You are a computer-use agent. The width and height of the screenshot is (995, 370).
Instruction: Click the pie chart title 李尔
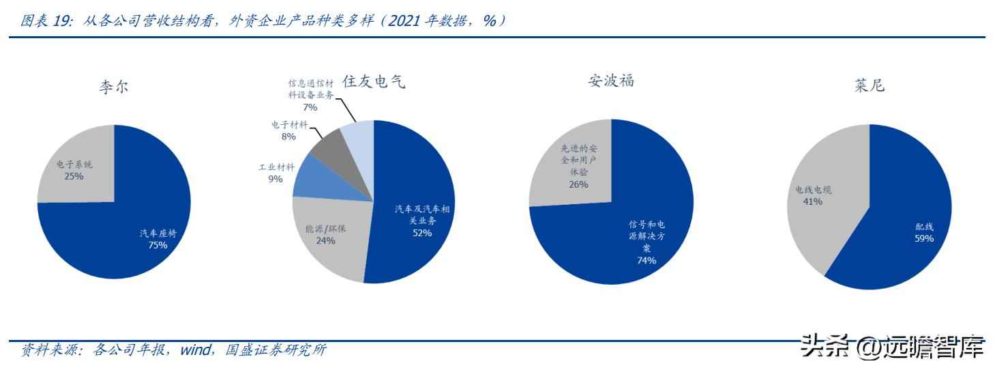tap(113, 88)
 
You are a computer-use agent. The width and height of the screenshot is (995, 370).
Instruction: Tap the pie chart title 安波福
tap(611, 81)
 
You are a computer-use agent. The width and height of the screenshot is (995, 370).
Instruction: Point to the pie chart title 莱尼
tap(869, 87)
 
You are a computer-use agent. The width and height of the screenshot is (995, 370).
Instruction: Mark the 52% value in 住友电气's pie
tap(421, 233)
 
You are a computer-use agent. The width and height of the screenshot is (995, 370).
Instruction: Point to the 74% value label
tap(646, 260)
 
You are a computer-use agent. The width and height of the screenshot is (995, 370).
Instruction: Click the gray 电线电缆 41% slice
tap(818, 205)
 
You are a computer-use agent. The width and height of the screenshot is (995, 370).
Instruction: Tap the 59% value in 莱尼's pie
tap(924, 238)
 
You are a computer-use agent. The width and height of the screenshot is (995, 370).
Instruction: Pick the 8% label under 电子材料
tap(288, 137)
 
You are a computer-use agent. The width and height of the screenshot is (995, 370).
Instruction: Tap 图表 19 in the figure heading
tap(46, 21)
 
